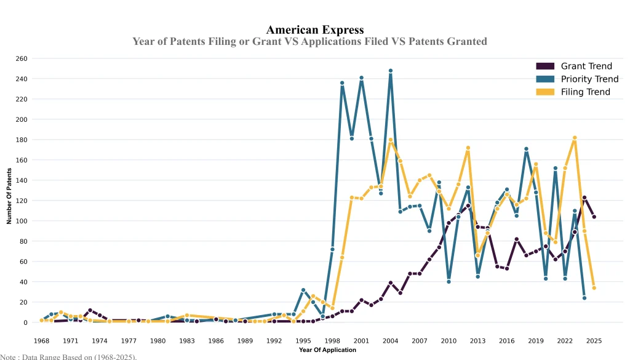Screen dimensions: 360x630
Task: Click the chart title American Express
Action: tap(315, 30)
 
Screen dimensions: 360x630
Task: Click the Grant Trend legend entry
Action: tap(586, 66)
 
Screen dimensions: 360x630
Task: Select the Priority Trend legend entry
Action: tap(589, 79)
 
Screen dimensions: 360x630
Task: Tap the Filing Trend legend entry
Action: tap(585, 92)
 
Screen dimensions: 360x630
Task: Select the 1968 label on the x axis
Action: tap(42, 340)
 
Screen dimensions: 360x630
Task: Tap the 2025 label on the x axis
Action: tap(594, 340)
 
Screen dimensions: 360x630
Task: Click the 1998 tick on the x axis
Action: tap(332, 340)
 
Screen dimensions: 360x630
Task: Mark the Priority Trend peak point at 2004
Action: tap(391, 71)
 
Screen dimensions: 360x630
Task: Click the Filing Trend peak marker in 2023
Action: tap(575, 138)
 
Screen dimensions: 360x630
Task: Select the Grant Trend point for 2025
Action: tap(594, 217)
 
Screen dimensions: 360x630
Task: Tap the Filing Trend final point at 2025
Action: tap(594, 288)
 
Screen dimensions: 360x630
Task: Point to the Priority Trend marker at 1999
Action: tap(342, 83)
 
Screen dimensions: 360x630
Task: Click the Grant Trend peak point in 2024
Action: tap(584, 198)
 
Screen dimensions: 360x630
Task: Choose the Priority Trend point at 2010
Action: tap(449, 282)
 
